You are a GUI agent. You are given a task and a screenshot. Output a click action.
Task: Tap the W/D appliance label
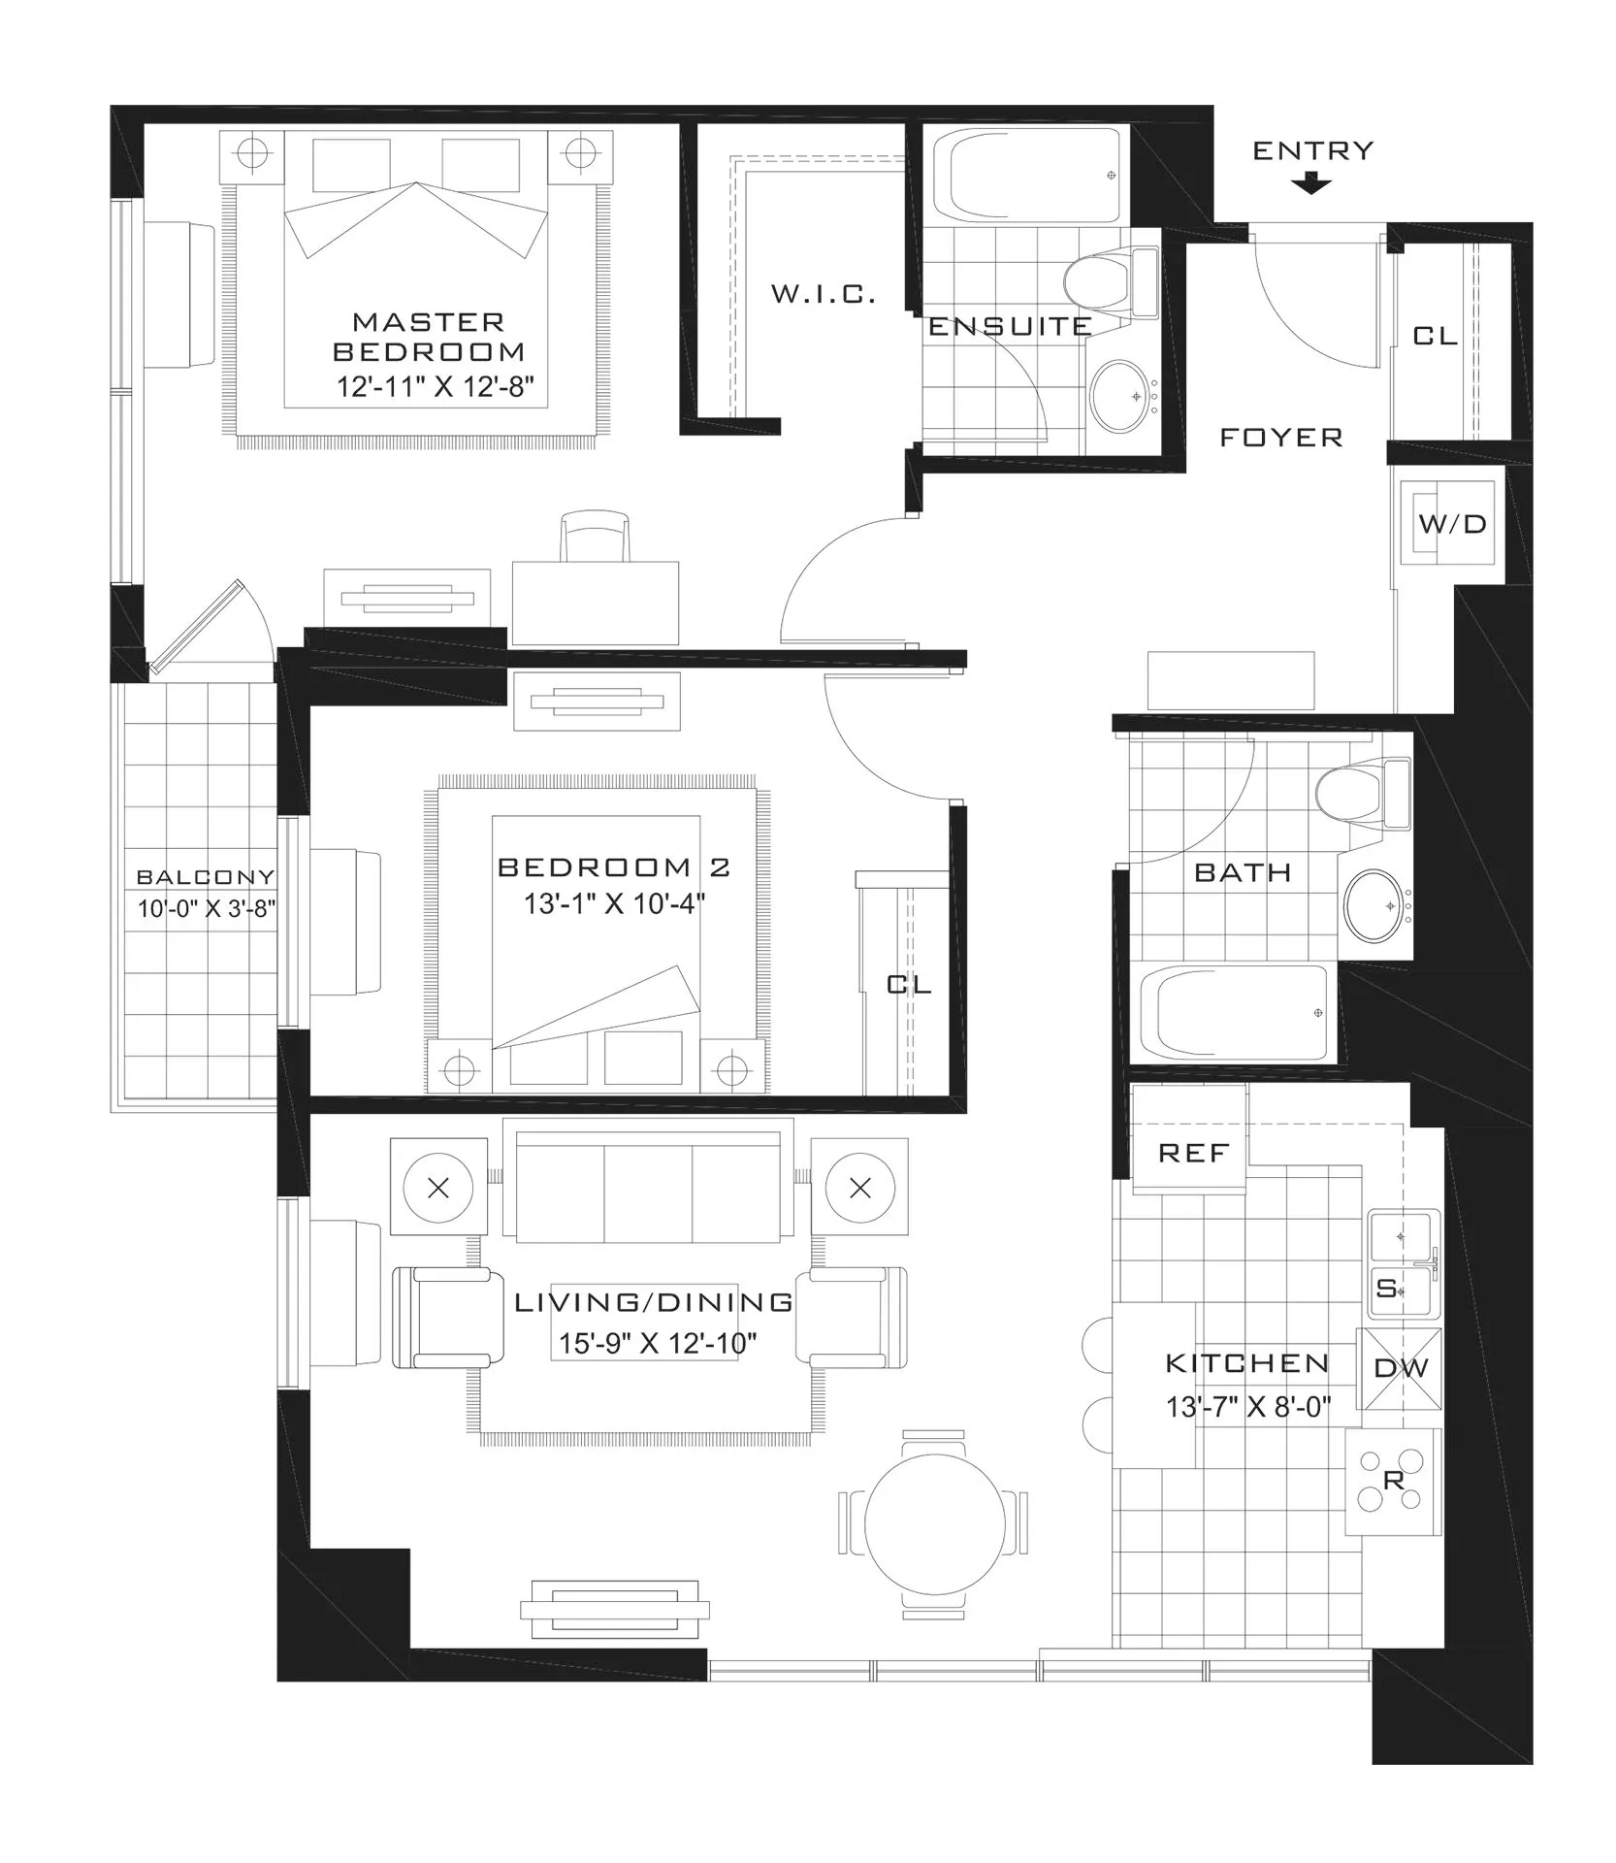point(1452,525)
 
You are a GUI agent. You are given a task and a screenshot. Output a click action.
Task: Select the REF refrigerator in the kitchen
point(1191,1136)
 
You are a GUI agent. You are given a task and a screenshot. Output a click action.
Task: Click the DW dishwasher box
point(1401,1369)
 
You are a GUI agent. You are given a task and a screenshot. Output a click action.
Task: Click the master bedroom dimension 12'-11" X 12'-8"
point(436,387)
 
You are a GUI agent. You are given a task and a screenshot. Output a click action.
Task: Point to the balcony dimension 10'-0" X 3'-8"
point(207,909)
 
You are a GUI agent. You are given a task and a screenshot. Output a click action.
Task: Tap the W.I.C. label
point(824,294)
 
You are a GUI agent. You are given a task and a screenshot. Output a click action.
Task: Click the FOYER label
point(1280,438)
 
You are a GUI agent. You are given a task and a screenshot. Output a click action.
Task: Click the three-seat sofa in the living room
point(648,1187)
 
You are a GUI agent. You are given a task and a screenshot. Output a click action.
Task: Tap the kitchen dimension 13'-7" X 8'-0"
point(1247,1406)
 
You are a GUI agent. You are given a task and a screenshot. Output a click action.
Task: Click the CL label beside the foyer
point(1435,336)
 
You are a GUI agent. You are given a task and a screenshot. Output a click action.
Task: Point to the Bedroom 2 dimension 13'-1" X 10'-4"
point(614,904)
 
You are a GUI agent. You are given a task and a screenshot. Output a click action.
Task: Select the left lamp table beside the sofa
point(438,1187)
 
